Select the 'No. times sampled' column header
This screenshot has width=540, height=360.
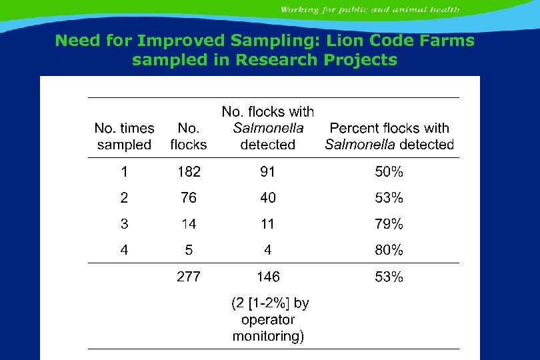click(125, 136)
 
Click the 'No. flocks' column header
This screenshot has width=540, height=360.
click(189, 136)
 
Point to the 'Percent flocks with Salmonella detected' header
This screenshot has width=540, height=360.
click(389, 136)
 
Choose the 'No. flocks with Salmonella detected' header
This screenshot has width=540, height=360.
click(267, 128)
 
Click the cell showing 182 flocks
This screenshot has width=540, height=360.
click(189, 172)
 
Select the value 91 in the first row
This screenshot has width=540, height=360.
click(267, 172)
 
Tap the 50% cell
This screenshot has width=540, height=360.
click(389, 172)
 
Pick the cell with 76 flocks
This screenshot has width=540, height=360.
click(189, 198)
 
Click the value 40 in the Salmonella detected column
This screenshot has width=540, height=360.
click(267, 198)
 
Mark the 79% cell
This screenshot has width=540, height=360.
click(389, 224)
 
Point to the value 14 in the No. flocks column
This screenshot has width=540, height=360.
click(189, 224)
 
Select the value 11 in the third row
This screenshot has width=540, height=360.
click(267, 224)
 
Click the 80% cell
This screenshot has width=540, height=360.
click(389, 251)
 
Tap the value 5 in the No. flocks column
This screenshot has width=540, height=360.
click(189, 251)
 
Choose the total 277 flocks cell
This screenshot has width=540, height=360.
click(189, 277)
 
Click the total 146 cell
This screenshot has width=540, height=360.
click(267, 277)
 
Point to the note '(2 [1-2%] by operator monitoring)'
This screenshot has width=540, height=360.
click(269, 319)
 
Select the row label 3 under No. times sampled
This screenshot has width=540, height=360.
click(125, 224)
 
